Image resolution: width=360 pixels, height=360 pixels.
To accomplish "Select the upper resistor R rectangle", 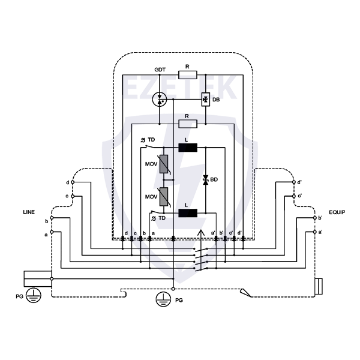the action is tap(188, 75).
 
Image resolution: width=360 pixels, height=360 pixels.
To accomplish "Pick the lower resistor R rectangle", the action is tap(188, 124).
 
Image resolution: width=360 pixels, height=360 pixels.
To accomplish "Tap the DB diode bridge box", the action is tap(205, 100).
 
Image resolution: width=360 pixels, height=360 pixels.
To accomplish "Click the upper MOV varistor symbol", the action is tap(164, 164).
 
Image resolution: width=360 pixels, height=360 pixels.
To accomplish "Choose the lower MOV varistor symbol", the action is tap(164, 197).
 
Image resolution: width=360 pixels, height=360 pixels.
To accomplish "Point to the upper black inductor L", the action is tap(188, 148).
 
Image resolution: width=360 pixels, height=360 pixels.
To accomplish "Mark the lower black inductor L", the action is tap(188, 213).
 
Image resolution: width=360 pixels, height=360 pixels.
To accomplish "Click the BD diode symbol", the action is tap(206, 180).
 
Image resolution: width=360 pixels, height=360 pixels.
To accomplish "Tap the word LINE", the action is tap(29, 212).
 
